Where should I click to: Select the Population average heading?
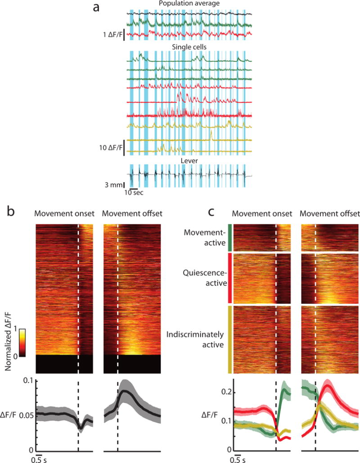click(x=189, y=4)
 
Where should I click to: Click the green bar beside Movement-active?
click(x=230, y=238)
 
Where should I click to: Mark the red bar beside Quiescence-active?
click(x=230, y=278)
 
